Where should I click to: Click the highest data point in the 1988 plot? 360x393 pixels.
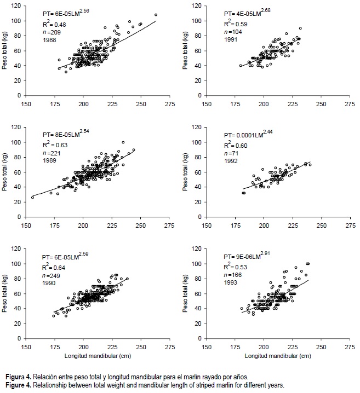coord(156,15)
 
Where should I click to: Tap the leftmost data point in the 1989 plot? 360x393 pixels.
coord(32,197)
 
